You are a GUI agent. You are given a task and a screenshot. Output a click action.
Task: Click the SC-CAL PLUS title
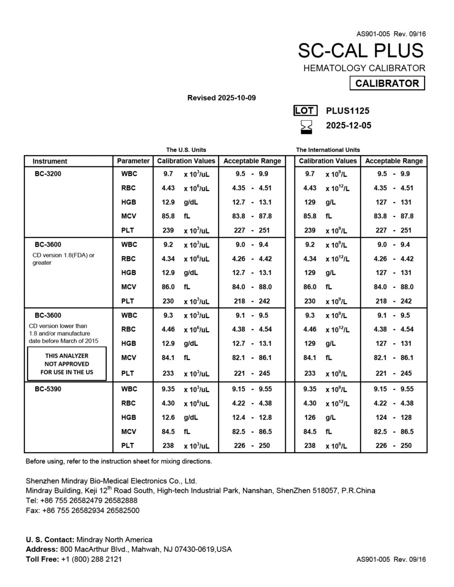tap(361, 50)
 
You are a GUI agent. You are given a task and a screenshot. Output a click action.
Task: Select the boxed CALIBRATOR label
tap(387, 83)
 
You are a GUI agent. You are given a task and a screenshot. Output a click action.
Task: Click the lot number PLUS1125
tap(348, 111)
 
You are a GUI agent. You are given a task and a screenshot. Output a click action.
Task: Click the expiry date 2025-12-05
tap(349, 126)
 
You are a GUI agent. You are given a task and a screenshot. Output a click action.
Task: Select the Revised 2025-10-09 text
tap(221, 98)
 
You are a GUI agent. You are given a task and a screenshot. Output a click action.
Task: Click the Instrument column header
tap(50, 161)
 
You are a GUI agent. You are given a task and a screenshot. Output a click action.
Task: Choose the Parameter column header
tap(133, 161)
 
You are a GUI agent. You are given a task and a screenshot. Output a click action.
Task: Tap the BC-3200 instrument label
tap(48, 174)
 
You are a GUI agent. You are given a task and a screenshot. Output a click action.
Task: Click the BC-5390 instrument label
tap(48, 389)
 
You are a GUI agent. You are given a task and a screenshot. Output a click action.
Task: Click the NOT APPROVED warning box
tap(67, 364)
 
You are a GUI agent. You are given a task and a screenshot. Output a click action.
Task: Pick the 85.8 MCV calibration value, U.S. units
tap(168, 216)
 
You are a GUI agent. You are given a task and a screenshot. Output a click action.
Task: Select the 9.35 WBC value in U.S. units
tap(168, 389)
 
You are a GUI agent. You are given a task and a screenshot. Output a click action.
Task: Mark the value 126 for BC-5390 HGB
tap(310, 417)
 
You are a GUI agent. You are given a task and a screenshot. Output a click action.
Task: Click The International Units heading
tap(328, 150)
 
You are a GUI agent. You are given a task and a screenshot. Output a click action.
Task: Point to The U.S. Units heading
tap(186, 150)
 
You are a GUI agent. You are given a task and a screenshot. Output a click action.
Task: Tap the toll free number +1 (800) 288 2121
tap(91, 559)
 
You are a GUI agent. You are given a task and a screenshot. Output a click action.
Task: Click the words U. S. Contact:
tap(50, 540)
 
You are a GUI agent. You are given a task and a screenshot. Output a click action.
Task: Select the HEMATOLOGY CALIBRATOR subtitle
tap(364, 68)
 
